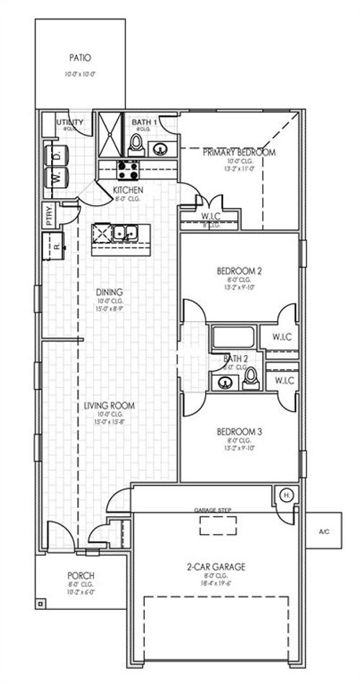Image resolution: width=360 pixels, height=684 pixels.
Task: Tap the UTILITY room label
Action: [x=71, y=123]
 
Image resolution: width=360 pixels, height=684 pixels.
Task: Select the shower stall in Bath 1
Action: [x=111, y=135]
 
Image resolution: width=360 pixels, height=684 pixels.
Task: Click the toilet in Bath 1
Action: [x=137, y=147]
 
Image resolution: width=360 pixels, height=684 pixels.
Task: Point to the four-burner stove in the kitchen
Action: [x=128, y=170]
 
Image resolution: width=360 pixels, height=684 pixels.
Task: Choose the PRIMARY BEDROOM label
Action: [x=238, y=152]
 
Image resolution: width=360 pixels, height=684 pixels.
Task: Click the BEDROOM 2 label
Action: [x=238, y=271]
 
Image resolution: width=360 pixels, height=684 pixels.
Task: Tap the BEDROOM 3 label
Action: [x=238, y=432]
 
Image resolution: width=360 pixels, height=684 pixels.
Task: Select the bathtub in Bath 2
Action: [x=233, y=337]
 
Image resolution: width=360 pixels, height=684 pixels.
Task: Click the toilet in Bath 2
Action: [x=250, y=377]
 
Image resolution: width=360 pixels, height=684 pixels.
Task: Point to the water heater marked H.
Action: [x=286, y=496]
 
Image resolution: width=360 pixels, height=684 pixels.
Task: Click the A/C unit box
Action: [x=323, y=531]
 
